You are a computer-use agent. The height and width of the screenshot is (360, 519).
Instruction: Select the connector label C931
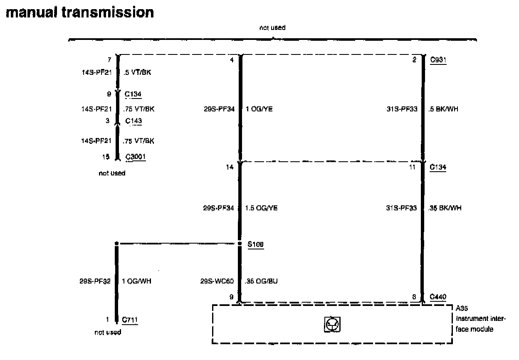point(438,60)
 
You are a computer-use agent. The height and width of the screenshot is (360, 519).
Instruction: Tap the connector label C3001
point(136,157)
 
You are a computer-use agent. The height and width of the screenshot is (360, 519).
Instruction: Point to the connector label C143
point(133,121)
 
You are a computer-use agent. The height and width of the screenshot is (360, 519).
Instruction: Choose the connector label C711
point(130,320)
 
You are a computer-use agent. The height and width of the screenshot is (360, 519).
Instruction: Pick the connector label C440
point(438,297)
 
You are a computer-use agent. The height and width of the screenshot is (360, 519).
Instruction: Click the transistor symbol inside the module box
point(332,324)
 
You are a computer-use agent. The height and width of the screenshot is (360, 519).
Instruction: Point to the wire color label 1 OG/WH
point(137,281)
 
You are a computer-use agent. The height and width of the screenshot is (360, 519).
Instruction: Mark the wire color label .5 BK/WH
point(444,109)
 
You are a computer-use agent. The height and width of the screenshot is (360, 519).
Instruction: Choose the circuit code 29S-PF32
point(95,281)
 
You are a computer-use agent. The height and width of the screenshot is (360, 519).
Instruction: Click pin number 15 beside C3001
point(106,157)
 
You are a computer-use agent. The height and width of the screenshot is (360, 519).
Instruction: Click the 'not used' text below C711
point(108,332)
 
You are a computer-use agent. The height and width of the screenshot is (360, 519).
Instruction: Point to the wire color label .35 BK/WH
point(445,208)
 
